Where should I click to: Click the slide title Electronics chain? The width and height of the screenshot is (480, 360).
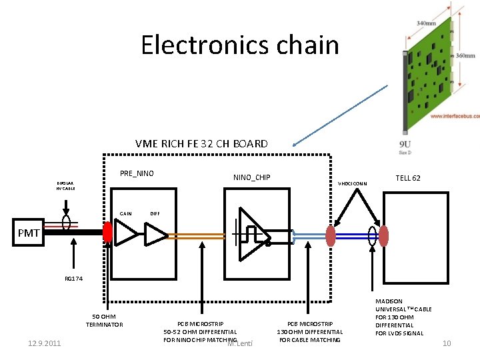click(x=240, y=45)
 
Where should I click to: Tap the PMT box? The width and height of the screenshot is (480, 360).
click(x=28, y=233)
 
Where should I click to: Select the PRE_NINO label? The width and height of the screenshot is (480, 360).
click(x=137, y=173)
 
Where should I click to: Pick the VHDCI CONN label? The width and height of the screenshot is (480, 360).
click(x=353, y=184)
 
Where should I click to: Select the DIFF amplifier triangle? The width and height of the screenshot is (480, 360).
click(x=156, y=234)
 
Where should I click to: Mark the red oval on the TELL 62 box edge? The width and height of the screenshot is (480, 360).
click(x=383, y=235)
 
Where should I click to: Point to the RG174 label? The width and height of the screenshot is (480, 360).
click(x=73, y=279)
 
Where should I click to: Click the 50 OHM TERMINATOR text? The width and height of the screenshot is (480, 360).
click(x=104, y=320)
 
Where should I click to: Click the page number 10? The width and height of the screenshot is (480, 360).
click(x=447, y=343)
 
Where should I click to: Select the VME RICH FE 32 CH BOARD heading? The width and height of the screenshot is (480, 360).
click(x=201, y=143)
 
